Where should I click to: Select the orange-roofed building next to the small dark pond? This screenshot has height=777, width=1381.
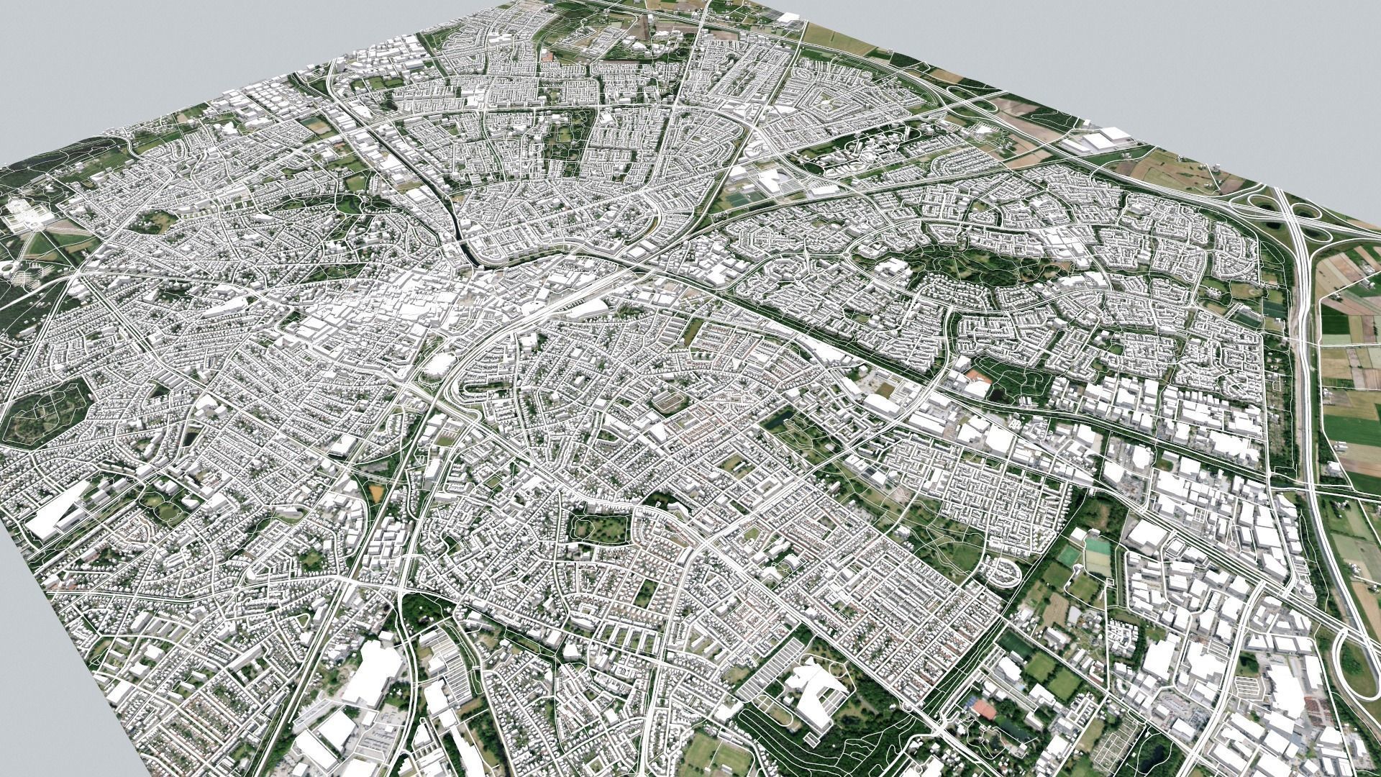click(976, 376)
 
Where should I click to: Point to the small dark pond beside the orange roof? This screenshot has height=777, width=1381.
click(998, 393)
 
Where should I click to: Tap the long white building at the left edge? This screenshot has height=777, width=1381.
click(59, 509)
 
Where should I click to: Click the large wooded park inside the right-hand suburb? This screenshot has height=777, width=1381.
click(964, 263)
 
